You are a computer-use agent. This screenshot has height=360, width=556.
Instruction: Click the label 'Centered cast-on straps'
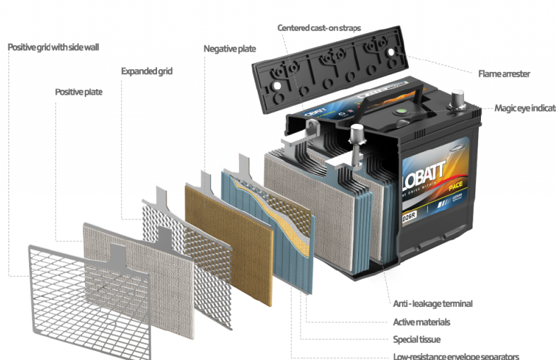point(318,28)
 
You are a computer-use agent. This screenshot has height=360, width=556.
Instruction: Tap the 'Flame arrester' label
point(504,74)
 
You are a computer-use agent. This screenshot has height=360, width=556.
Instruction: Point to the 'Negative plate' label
point(229,49)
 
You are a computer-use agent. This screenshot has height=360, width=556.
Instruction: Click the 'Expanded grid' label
point(146,71)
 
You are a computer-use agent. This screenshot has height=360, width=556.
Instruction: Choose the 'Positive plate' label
point(79,92)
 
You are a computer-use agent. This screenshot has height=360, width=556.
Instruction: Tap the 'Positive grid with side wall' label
point(54,47)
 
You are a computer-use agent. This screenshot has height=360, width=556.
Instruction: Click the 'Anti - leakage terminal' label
point(432,303)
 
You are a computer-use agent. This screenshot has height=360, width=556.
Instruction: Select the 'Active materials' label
point(421,322)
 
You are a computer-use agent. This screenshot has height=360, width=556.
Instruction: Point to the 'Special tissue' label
point(417,339)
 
